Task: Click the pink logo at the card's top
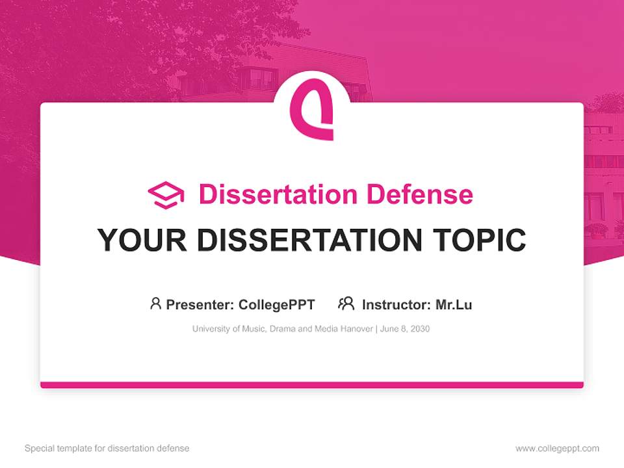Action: (x=311, y=109)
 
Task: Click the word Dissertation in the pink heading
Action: (x=278, y=194)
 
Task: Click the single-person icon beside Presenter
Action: (x=155, y=304)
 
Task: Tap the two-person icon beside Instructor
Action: (x=346, y=304)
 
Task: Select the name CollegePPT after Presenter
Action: (x=277, y=304)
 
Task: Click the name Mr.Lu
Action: (x=454, y=304)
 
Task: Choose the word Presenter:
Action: (x=200, y=304)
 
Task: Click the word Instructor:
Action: (x=396, y=304)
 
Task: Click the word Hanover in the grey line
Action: (x=354, y=329)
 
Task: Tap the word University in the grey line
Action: (x=211, y=329)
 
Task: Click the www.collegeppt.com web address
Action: (x=557, y=448)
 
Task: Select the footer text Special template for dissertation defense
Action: (x=107, y=448)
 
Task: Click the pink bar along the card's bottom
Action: (x=312, y=385)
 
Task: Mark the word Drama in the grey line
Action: (x=282, y=329)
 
